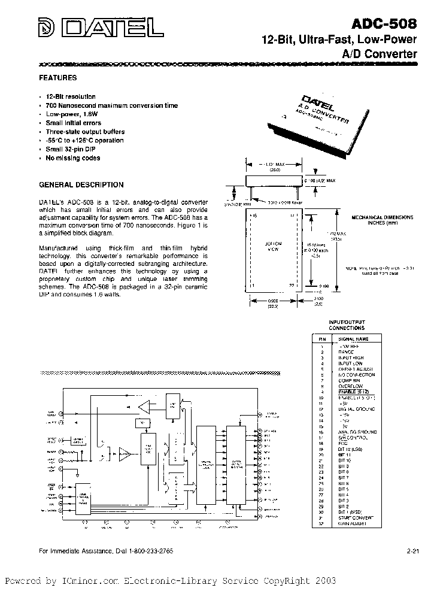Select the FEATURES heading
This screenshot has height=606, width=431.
point(57,78)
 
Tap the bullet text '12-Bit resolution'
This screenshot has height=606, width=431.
point(70,96)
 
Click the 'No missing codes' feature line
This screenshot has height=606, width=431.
point(72,158)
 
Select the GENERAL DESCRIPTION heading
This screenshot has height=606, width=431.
point(81,185)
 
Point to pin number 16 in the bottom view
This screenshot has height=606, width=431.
point(253,214)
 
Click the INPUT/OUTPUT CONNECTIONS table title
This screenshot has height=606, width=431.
point(347,325)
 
